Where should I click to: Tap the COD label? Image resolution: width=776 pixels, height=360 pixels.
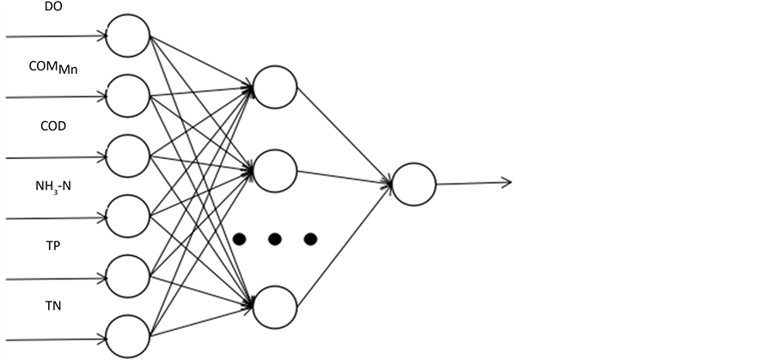tap(53, 125)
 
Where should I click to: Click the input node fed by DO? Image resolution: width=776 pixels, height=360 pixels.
tap(127, 37)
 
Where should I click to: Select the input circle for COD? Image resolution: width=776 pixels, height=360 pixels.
tap(127, 156)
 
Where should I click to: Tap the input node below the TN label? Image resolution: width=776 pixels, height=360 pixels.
tap(127, 336)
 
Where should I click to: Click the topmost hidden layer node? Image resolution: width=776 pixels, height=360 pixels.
tap(275, 87)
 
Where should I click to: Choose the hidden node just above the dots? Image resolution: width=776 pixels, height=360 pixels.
tap(275, 171)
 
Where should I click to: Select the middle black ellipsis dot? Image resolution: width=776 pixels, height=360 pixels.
tap(275, 238)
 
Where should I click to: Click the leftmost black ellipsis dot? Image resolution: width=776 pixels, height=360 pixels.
tap(240, 238)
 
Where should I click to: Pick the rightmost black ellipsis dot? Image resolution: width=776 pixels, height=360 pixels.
tap(310, 238)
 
